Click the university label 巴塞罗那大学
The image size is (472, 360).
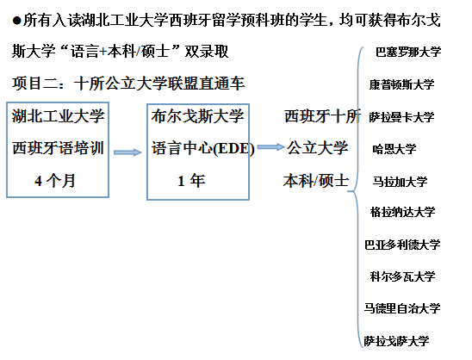tap(408, 52)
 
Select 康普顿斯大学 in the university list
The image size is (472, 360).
tap(402, 84)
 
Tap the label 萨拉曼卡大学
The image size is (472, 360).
tap(402, 117)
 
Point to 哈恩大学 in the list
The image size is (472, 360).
tap(394, 149)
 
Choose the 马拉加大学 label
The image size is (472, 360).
tap(400, 182)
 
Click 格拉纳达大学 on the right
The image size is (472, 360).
tap(403, 212)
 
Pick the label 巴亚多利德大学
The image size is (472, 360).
tap(402, 245)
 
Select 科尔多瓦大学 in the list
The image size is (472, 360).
tap(403, 276)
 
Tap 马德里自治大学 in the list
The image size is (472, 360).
tap(402, 308)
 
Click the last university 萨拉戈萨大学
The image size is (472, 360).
tap(397, 341)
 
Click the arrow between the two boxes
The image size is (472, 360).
tap(127, 152)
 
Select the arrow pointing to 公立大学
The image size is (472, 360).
tap(270, 147)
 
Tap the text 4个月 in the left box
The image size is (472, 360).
tap(55, 181)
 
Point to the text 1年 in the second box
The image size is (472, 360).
tap(191, 181)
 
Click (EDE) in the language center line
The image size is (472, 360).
tap(233, 149)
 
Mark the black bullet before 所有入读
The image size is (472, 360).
tap(17, 21)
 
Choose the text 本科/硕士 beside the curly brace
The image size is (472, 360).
tap(316, 181)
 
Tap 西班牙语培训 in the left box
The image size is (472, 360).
tap(58, 148)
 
